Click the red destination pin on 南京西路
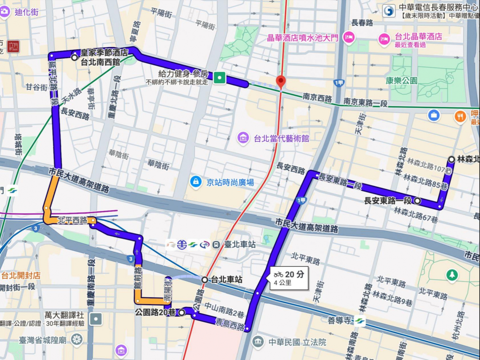click(x=280, y=82)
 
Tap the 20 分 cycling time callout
click(x=289, y=278)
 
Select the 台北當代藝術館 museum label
click(x=281, y=138)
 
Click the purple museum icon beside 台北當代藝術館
click(x=243, y=137)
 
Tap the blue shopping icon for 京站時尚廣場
click(x=195, y=181)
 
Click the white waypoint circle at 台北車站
click(x=204, y=280)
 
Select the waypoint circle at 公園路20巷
click(x=181, y=312)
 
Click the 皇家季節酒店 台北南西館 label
click(x=104, y=57)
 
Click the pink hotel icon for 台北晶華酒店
click(x=384, y=39)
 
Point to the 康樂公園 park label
click(x=401, y=80)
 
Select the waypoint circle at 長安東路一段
click(x=417, y=201)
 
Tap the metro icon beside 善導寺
click(x=360, y=321)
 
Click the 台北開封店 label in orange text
click(x=21, y=276)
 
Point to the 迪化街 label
click(x=26, y=12)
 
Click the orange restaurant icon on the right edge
click(x=460, y=116)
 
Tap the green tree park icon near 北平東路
click(x=452, y=275)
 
